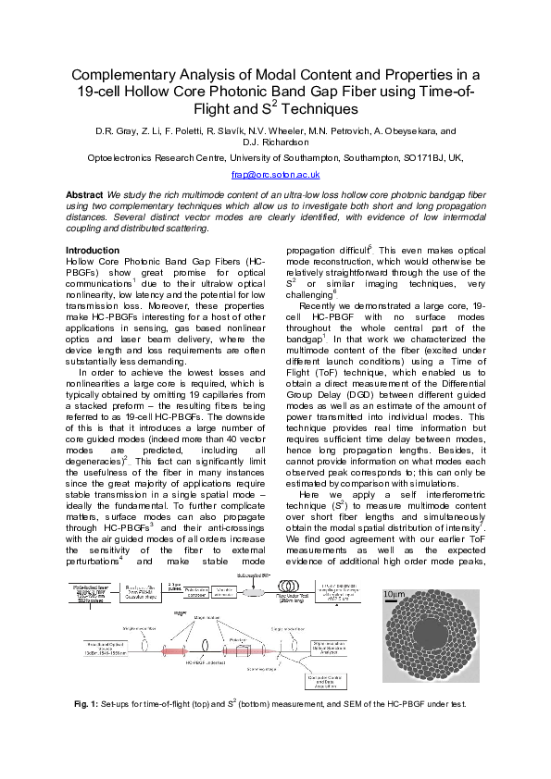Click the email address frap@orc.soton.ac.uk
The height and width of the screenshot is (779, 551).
pyautogui.click(x=275, y=174)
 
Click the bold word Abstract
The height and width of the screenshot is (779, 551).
pyautogui.click(x=84, y=194)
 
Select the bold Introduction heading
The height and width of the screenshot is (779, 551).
pyautogui.click(x=93, y=251)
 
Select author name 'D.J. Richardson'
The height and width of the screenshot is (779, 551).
pyautogui.click(x=275, y=142)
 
